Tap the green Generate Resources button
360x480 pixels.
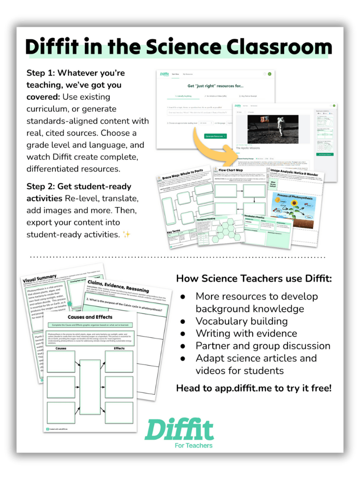216,136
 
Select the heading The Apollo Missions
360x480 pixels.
248,147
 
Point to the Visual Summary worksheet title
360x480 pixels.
40,278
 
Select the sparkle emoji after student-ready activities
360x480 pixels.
126,234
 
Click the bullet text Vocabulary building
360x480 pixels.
241,321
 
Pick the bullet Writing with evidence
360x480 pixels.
246,333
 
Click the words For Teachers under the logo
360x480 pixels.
194,445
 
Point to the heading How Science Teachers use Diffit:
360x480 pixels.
254,279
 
